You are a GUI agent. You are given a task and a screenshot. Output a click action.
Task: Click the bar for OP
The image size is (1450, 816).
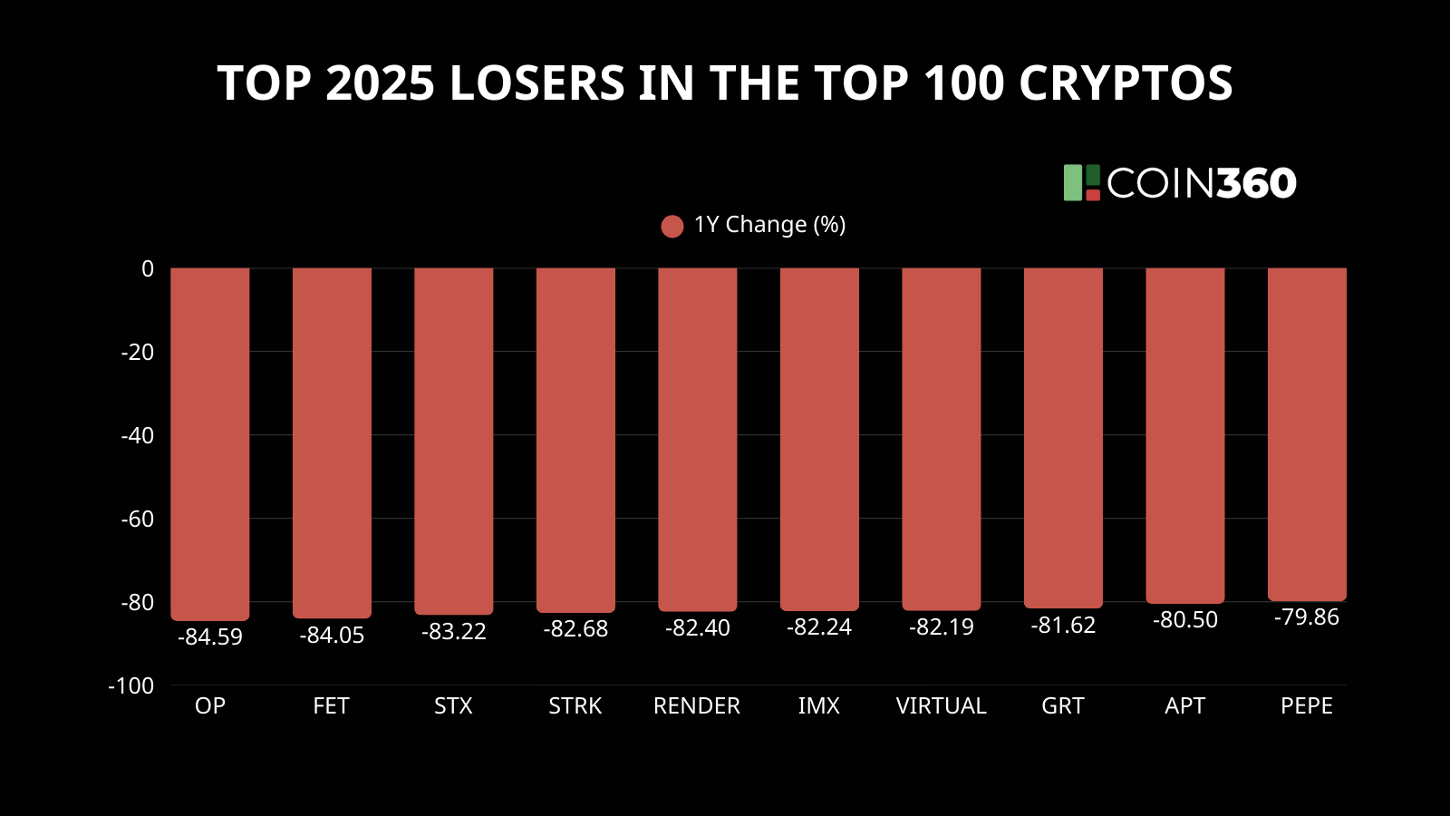(x=209, y=444)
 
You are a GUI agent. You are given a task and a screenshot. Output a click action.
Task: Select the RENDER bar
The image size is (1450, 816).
(x=697, y=440)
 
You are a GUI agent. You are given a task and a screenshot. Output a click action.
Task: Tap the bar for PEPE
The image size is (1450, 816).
(x=1307, y=434)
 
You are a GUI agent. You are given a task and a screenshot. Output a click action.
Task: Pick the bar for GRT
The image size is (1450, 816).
(x=1063, y=438)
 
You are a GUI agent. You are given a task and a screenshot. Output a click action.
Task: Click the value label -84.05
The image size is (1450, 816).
(x=332, y=636)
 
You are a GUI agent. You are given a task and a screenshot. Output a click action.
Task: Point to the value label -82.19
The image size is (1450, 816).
(x=941, y=627)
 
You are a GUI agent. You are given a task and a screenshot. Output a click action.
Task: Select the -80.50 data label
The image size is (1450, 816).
(x=1184, y=620)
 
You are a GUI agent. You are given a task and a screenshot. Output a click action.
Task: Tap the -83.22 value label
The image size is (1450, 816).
(x=453, y=632)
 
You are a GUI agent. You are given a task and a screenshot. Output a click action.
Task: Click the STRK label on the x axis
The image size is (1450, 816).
(x=575, y=706)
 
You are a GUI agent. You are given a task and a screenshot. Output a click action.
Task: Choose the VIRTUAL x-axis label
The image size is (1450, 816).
(x=941, y=706)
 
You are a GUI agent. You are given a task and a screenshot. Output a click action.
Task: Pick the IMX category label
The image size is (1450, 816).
(x=818, y=706)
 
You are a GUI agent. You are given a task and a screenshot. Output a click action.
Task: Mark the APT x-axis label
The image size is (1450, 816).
(x=1184, y=706)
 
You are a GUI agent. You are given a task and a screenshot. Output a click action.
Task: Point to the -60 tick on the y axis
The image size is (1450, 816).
(x=138, y=519)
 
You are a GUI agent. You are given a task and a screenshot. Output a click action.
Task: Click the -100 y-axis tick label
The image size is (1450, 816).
(x=131, y=686)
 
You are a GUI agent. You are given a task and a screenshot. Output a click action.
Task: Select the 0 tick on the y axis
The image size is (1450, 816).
(x=148, y=269)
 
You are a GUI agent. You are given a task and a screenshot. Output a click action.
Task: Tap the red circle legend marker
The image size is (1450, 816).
(x=672, y=226)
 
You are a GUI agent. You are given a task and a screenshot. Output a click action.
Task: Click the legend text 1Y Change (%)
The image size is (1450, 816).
(x=769, y=225)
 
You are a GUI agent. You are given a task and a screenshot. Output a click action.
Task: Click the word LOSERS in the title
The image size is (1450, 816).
(x=536, y=83)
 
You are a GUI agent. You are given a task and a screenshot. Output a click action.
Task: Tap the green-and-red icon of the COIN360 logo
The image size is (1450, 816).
(x=1081, y=183)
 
